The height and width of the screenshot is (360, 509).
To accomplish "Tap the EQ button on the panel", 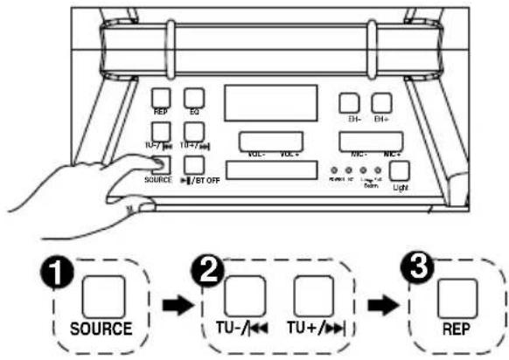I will coord(195,97).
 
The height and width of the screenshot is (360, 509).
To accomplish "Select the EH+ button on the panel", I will coord(380,104).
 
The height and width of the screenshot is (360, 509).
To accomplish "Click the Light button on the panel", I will coord(400,170).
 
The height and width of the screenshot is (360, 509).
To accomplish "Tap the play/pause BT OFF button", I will coord(195,163).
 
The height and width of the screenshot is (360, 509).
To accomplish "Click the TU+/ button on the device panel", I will coord(195,130).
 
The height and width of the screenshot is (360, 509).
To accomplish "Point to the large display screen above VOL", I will coord(261,103).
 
